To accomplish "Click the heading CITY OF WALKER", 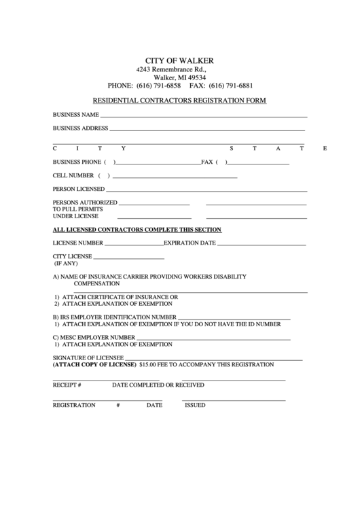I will click(x=179, y=60).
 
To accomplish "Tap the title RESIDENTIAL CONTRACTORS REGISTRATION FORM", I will click(x=179, y=101).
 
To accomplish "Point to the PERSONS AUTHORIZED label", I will click(x=85, y=203).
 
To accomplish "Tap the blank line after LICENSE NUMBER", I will click(x=134, y=243).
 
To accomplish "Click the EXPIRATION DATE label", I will click(x=190, y=243).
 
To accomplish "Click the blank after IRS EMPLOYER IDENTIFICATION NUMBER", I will click(x=234, y=318).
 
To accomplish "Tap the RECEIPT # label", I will click(x=67, y=385).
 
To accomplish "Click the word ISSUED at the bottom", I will click(x=195, y=404).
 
